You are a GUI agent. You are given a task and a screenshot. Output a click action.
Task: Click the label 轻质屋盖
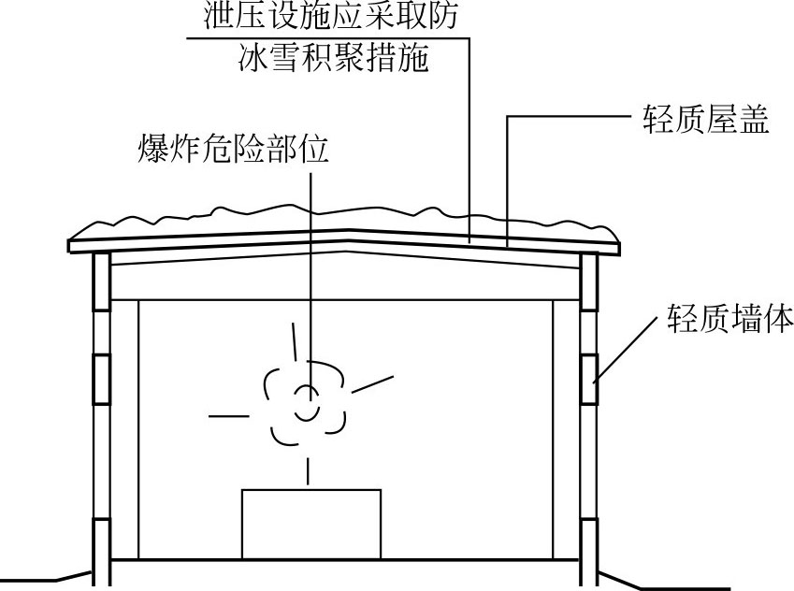(x=705, y=121)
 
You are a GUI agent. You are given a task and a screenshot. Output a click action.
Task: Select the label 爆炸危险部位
(x=233, y=149)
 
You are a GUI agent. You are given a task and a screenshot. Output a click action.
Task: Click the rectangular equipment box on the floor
(x=311, y=523)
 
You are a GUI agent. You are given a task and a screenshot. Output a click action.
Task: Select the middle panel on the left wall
(x=102, y=379)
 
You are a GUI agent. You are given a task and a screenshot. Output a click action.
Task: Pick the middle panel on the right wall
(x=589, y=379)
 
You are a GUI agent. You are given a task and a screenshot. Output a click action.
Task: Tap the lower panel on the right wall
(x=589, y=538)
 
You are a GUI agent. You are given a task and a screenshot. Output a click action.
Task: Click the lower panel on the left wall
(x=102, y=538)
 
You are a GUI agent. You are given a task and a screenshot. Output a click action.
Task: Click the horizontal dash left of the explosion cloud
(x=229, y=414)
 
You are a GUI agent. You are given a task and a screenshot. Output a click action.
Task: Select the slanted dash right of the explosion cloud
(x=371, y=382)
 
